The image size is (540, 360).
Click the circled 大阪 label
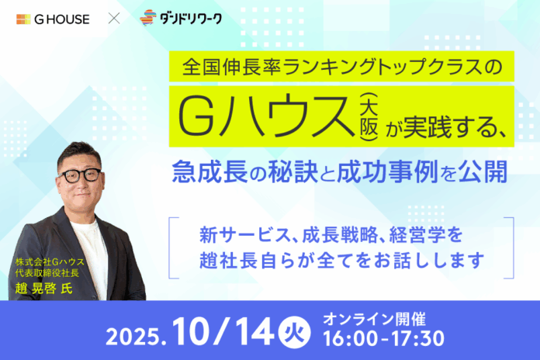tap(363, 114)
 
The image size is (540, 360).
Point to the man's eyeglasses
tap(80, 174)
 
